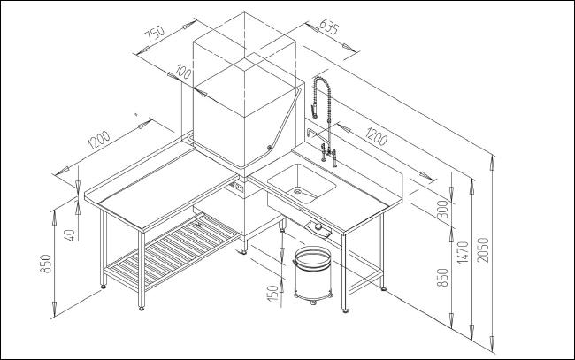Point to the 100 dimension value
pos(184,71)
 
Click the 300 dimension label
pos(442,210)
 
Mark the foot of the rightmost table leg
pos(384,288)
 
